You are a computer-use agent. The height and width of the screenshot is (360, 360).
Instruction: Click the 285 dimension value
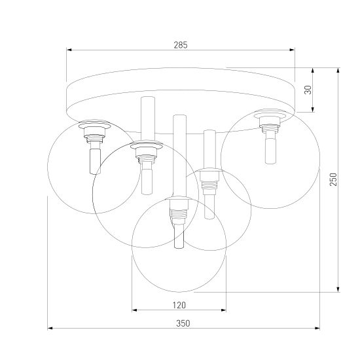pyautogui.click(x=181, y=45)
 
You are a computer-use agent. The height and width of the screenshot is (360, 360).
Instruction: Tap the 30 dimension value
pyautogui.click(x=308, y=90)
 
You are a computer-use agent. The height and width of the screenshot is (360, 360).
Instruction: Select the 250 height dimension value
pyautogui.click(x=333, y=179)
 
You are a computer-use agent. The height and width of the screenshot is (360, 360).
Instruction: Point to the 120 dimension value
pyautogui.click(x=179, y=305)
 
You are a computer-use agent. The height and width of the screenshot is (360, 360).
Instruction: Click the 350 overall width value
pyautogui.click(x=183, y=323)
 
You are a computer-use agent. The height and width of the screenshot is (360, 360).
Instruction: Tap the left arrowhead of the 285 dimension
pyautogui.click(x=69, y=50)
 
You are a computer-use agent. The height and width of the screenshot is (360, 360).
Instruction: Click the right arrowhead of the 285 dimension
pyautogui.click(x=292, y=50)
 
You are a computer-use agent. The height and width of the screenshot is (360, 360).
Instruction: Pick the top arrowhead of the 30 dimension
pyautogui.click(x=313, y=71)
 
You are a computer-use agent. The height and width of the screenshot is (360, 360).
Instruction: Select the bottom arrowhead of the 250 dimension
pyautogui.click(x=338, y=289)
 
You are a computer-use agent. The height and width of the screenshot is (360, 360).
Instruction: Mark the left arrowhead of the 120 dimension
pyautogui.click(x=135, y=310)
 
